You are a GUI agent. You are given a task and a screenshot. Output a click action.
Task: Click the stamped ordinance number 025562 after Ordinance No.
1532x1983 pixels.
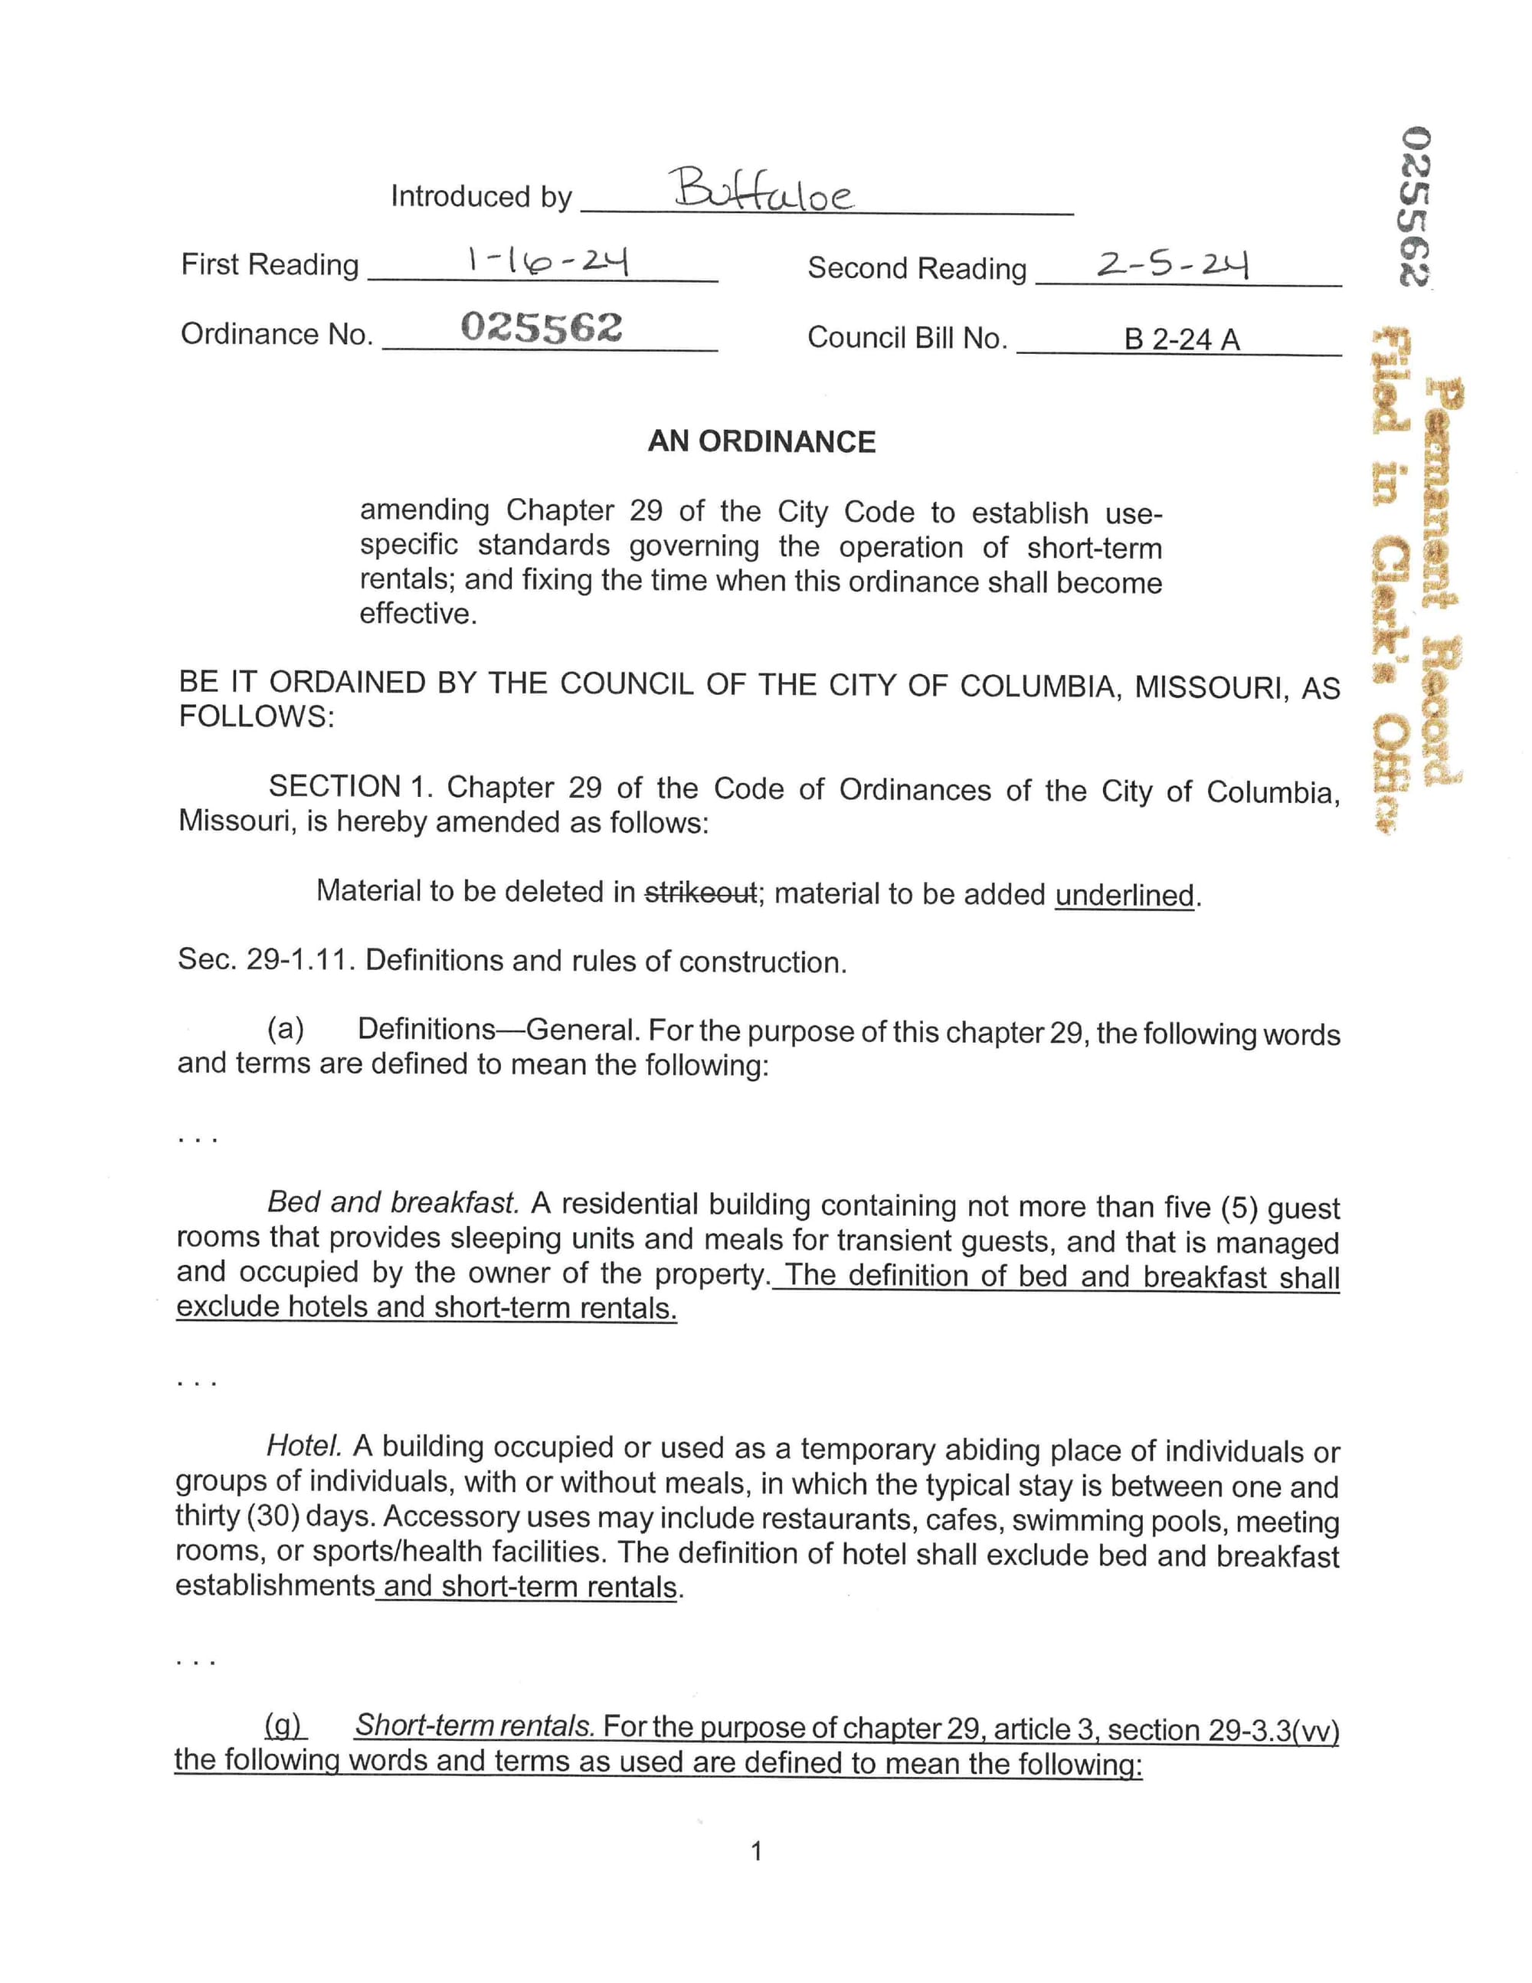click(x=541, y=327)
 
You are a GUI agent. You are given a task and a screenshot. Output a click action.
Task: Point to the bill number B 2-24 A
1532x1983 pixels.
click(x=1182, y=339)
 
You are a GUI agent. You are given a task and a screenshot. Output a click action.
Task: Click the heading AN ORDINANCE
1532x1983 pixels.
click(x=761, y=442)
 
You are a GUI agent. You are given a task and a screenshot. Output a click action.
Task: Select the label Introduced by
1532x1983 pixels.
click(x=481, y=196)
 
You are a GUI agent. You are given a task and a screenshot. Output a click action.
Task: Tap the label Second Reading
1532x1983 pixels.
click(x=917, y=268)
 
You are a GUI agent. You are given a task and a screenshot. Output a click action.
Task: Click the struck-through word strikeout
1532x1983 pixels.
click(x=700, y=893)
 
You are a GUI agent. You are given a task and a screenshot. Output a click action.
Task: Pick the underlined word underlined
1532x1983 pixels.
click(x=1124, y=895)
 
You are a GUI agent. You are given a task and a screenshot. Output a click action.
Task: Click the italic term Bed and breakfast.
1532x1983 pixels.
click(x=393, y=1202)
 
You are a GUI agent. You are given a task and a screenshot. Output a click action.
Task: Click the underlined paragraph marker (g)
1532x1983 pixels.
click(x=285, y=1724)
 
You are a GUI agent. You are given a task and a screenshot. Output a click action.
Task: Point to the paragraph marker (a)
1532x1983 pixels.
click(x=285, y=1029)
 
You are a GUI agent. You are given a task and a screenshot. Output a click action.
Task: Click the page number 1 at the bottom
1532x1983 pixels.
click(x=757, y=1852)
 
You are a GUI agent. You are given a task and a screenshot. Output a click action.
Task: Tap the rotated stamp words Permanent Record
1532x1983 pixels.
click(x=1443, y=581)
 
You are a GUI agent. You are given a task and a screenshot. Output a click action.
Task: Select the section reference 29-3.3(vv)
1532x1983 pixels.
click(x=1275, y=1729)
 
